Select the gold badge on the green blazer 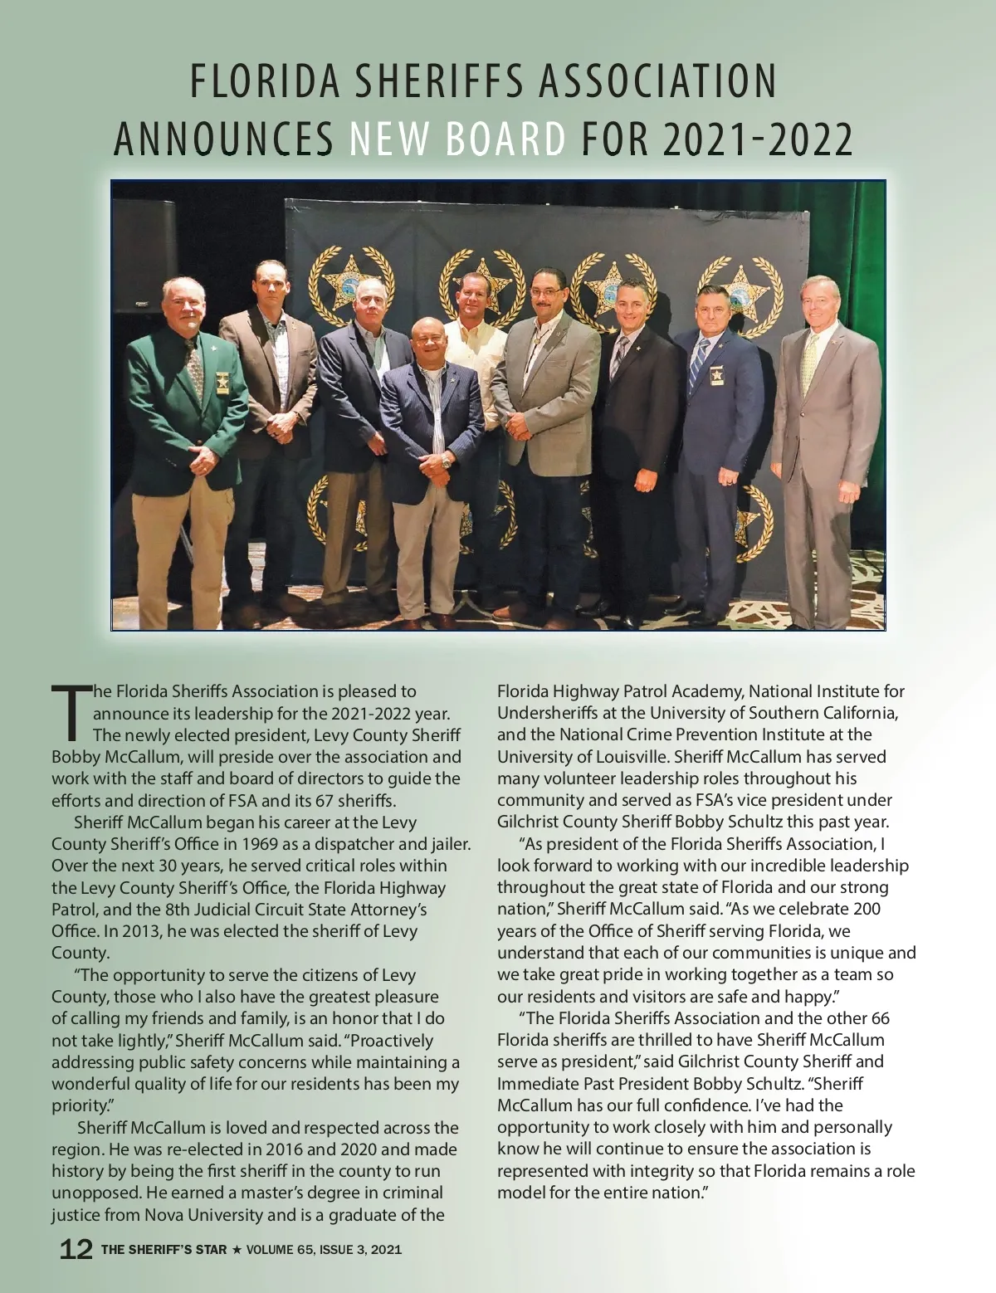pos(223,381)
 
